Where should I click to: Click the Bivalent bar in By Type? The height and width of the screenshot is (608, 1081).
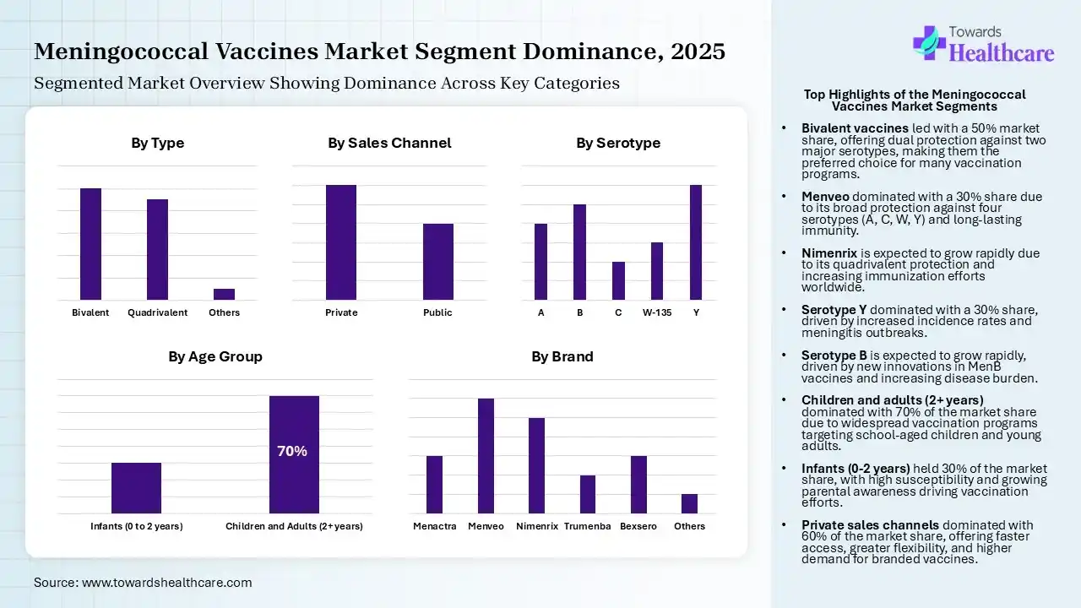[90, 244]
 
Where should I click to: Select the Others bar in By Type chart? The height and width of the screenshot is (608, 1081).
[224, 294]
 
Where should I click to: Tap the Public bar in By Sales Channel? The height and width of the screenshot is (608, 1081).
[437, 262]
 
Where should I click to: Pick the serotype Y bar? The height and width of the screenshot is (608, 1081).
[696, 242]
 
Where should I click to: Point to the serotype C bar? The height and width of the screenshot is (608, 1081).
[618, 280]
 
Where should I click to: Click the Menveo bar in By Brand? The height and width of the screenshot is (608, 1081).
[486, 456]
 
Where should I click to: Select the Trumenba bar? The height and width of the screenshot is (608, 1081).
[588, 494]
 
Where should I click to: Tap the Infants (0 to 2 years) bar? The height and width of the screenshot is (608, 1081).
[136, 488]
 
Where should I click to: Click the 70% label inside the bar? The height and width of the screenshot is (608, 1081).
[292, 452]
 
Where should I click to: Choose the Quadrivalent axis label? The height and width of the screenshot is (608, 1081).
[157, 312]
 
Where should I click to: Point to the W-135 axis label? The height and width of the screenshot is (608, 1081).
[657, 312]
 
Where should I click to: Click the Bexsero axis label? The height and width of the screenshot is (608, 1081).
[638, 526]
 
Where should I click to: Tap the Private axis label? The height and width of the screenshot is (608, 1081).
[341, 312]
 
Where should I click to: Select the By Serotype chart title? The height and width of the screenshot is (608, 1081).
[618, 143]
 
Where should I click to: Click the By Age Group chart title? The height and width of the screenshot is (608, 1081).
[215, 356]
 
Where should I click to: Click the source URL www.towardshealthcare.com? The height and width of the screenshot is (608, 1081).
[166, 583]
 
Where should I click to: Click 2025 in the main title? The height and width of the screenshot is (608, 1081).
[698, 52]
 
